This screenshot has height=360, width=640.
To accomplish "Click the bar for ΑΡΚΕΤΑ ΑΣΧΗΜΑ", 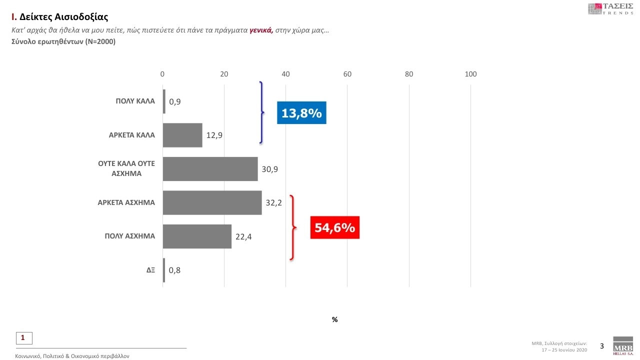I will [x=212, y=202].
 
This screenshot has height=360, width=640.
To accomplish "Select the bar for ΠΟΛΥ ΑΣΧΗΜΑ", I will [x=197, y=236].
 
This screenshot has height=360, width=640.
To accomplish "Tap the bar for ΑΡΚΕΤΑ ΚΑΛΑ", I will [x=182, y=135].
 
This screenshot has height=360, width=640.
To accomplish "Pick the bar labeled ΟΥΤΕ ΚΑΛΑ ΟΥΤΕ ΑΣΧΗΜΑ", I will [x=210, y=169].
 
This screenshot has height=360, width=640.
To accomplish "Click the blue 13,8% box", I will [x=301, y=113].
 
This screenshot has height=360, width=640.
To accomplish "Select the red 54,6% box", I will [x=334, y=227].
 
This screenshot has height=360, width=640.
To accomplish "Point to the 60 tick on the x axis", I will [x=347, y=74].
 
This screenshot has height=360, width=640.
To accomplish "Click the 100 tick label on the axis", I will [x=470, y=74].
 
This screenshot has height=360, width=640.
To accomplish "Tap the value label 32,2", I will [x=274, y=203].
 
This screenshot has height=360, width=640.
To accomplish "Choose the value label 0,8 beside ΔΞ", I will [x=174, y=270].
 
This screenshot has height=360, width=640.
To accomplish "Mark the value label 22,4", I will [x=243, y=237].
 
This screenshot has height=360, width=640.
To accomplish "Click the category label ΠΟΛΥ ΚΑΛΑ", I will [x=135, y=101].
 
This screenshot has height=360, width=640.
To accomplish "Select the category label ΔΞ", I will [x=150, y=270].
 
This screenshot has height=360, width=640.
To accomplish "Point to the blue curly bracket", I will [x=261, y=113].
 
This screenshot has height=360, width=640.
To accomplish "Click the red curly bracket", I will [x=293, y=227].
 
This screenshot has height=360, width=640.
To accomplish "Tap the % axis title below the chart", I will [x=334, y=319].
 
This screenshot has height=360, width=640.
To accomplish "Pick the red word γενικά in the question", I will [x=261, y=30].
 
